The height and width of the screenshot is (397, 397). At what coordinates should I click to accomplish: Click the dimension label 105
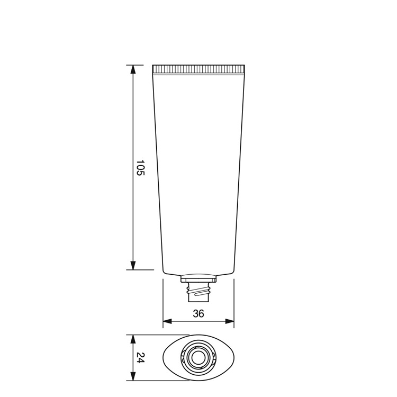pos(140,167)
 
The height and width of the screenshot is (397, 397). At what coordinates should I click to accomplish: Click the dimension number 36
pos(198,313)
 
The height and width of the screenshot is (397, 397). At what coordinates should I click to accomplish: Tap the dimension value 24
pos(140,357)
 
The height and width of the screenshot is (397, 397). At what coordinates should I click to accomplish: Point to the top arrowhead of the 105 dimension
pos(133,70)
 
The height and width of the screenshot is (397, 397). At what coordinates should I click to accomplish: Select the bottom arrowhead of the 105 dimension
pos(133,265)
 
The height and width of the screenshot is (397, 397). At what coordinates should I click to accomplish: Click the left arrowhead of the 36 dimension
pos(167,321)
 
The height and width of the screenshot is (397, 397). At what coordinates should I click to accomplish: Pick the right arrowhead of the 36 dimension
pos(229,321)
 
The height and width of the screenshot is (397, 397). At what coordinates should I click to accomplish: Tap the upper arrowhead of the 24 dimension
pos(133,339)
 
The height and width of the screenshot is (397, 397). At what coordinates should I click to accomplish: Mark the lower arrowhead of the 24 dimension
pos(133,376)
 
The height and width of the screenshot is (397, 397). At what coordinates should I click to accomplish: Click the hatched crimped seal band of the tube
pos(198,69)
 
